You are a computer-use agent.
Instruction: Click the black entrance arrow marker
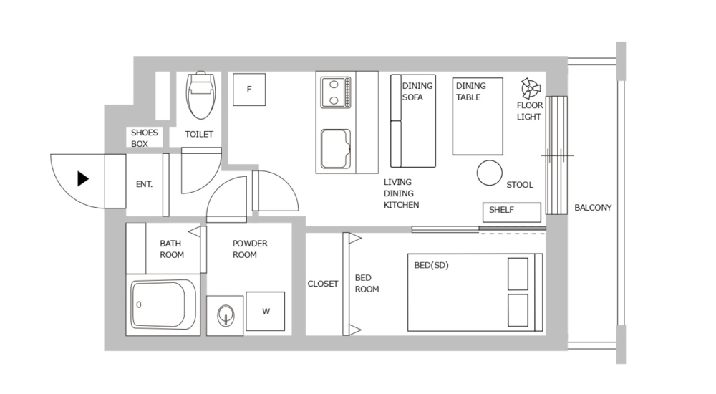83,179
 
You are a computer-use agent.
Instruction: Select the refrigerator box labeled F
249,90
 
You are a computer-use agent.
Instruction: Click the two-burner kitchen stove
334,92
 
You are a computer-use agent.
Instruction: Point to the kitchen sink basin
334,148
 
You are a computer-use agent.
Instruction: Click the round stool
490,173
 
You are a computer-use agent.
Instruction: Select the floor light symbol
531,89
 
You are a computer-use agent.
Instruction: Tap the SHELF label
501,211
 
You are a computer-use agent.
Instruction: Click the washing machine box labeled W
266,311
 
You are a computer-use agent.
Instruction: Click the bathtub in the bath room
164,305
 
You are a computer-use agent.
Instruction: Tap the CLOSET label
323,284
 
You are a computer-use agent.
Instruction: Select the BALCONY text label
593,208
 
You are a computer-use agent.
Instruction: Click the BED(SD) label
431,265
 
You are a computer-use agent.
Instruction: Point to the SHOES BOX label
144,138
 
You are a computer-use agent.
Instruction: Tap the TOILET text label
199,134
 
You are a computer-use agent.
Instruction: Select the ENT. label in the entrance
144,184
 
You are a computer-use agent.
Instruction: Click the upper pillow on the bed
518,274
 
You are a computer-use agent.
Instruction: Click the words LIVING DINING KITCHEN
401,193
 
